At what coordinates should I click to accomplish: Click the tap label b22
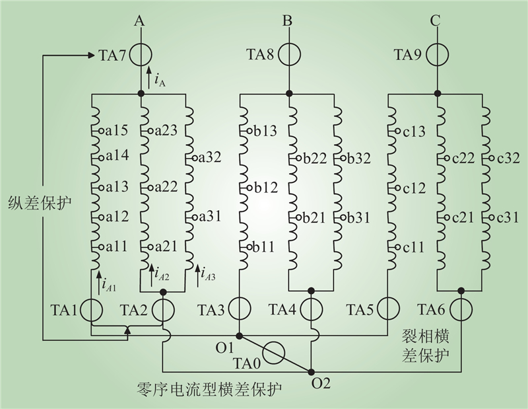pos(315,158)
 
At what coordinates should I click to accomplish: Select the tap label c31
pos(508,217)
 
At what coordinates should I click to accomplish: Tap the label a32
pos(209,157)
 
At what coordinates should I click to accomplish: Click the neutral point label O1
pos(224,348)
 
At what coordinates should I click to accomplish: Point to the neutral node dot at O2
pos(312,371)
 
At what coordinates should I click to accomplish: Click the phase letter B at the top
pos(287,21)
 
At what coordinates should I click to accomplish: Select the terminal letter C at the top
pos(436,21)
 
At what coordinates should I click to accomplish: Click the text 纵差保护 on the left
pos(40,204)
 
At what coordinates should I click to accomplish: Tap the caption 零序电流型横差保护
pos(210,389)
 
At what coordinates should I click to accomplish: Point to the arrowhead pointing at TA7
pos(91,55)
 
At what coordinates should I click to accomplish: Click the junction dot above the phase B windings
pos(288,93)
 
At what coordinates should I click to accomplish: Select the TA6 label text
pos(432,309)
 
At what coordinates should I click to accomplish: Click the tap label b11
pos(263,247)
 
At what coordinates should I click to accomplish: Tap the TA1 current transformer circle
pos(92,310)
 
